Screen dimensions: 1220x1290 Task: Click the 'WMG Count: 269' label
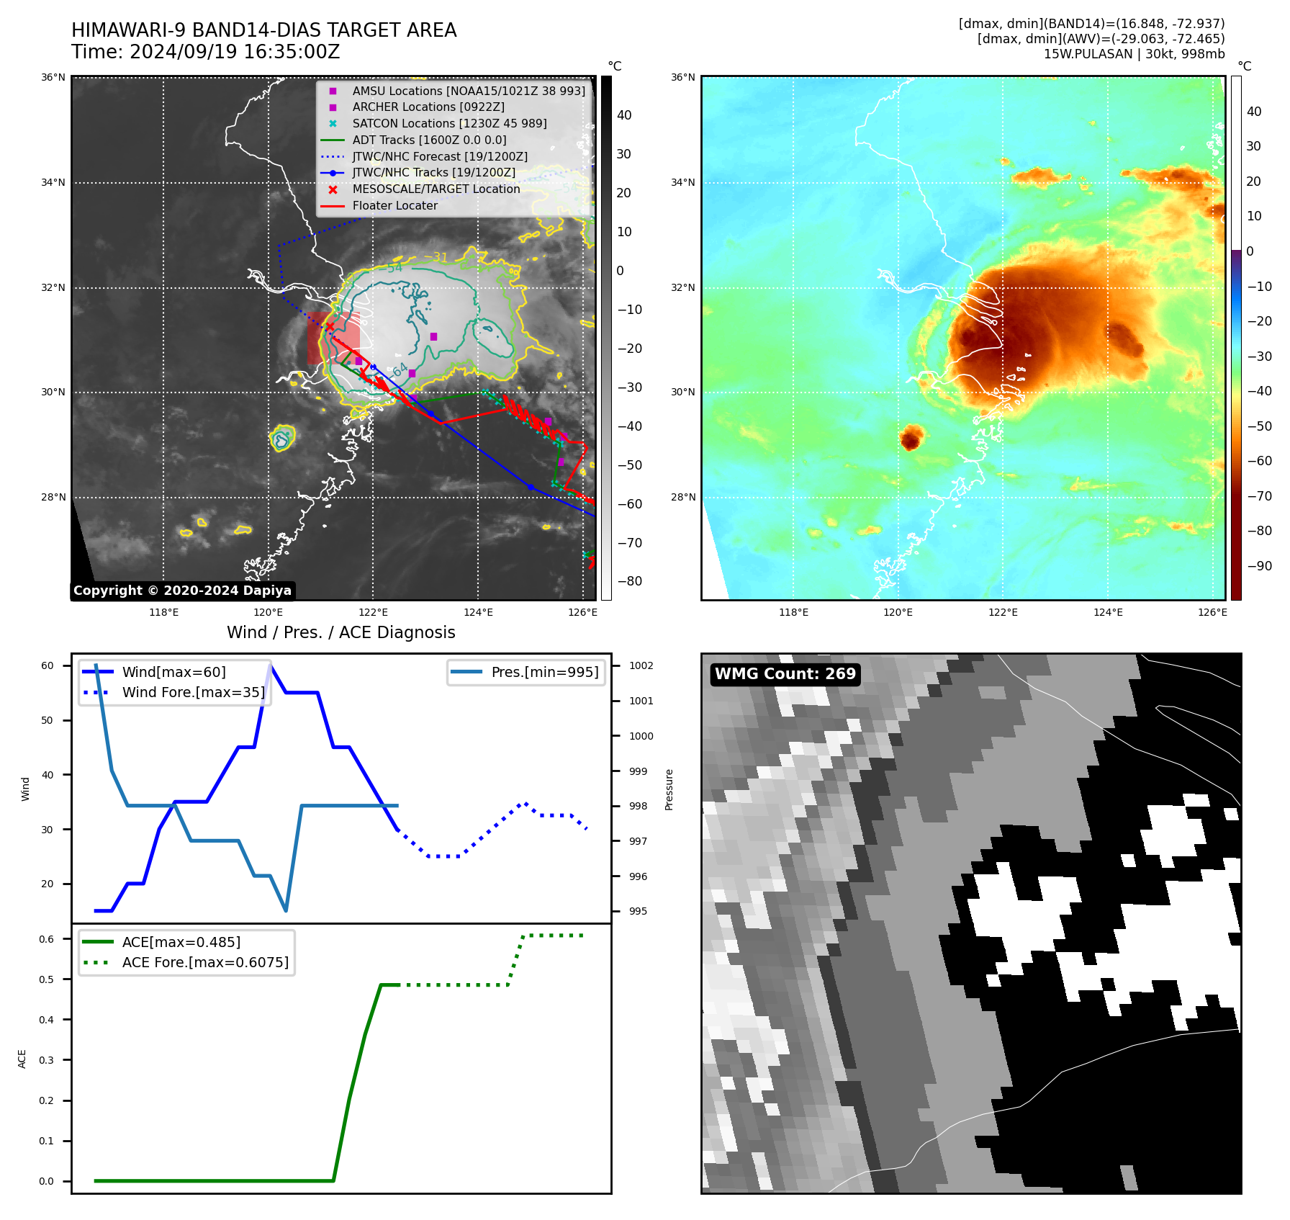(785, 674)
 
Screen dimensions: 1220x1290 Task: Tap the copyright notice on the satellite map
(182, 591)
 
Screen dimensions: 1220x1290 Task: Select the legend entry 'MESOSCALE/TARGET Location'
(436, 189)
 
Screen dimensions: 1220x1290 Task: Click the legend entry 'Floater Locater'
(394, 205)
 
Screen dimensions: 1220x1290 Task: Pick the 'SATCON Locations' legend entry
(449, 123)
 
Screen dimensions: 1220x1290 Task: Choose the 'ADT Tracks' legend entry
(429, 140)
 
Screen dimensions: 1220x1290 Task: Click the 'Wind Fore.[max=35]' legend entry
(193, 692)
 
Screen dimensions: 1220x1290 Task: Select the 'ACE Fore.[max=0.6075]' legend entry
(205, 962)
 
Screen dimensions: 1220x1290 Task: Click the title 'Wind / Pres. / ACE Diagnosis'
(341, 632)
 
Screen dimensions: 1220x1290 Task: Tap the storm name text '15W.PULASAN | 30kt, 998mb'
(1134, 54)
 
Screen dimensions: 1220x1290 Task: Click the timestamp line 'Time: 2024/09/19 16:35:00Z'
(205, 52)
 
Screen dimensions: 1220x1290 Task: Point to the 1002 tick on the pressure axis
(641, 665)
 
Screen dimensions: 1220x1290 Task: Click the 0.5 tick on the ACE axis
(47, 979)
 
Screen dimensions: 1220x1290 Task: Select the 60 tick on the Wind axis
(48, 665)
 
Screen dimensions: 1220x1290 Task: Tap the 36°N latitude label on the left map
(53, 78)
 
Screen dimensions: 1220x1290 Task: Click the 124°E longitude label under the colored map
(1108, 612)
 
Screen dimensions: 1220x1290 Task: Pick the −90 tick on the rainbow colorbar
(1259, 566)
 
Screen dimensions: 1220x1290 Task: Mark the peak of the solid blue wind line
(271, 665)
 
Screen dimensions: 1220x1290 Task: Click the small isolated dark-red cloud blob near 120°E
(911, 437)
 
